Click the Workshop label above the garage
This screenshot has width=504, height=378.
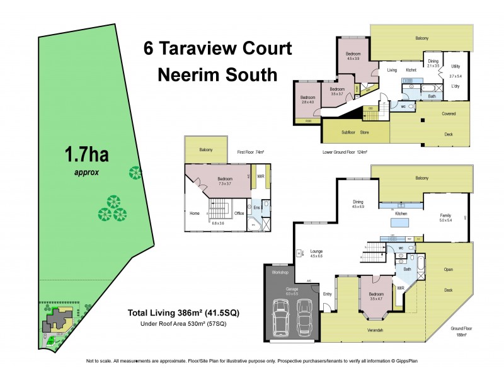point(280,273)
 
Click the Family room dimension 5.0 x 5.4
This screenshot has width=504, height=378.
point(445,220)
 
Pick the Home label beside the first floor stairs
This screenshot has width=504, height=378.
point(194,213)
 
